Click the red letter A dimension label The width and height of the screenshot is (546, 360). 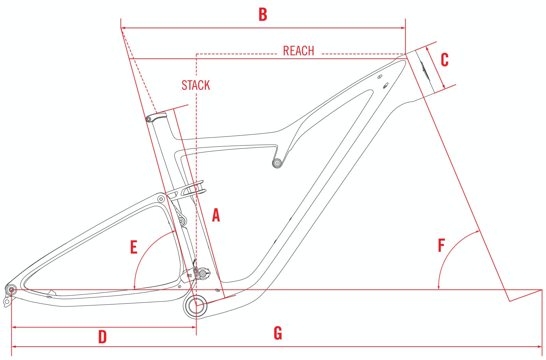tap(216, 215)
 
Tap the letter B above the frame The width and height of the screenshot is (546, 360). tap(263, 15)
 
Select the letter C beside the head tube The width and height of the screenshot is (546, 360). tap(445, 60)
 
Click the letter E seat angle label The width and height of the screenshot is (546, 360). tap(134, 247)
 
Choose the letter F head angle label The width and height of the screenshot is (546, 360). tap(442, 245)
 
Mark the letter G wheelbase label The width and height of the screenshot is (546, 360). tap(278, 333)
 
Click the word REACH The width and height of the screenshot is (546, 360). tap(299, 51)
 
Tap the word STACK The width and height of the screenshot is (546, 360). tap(196, 85)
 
